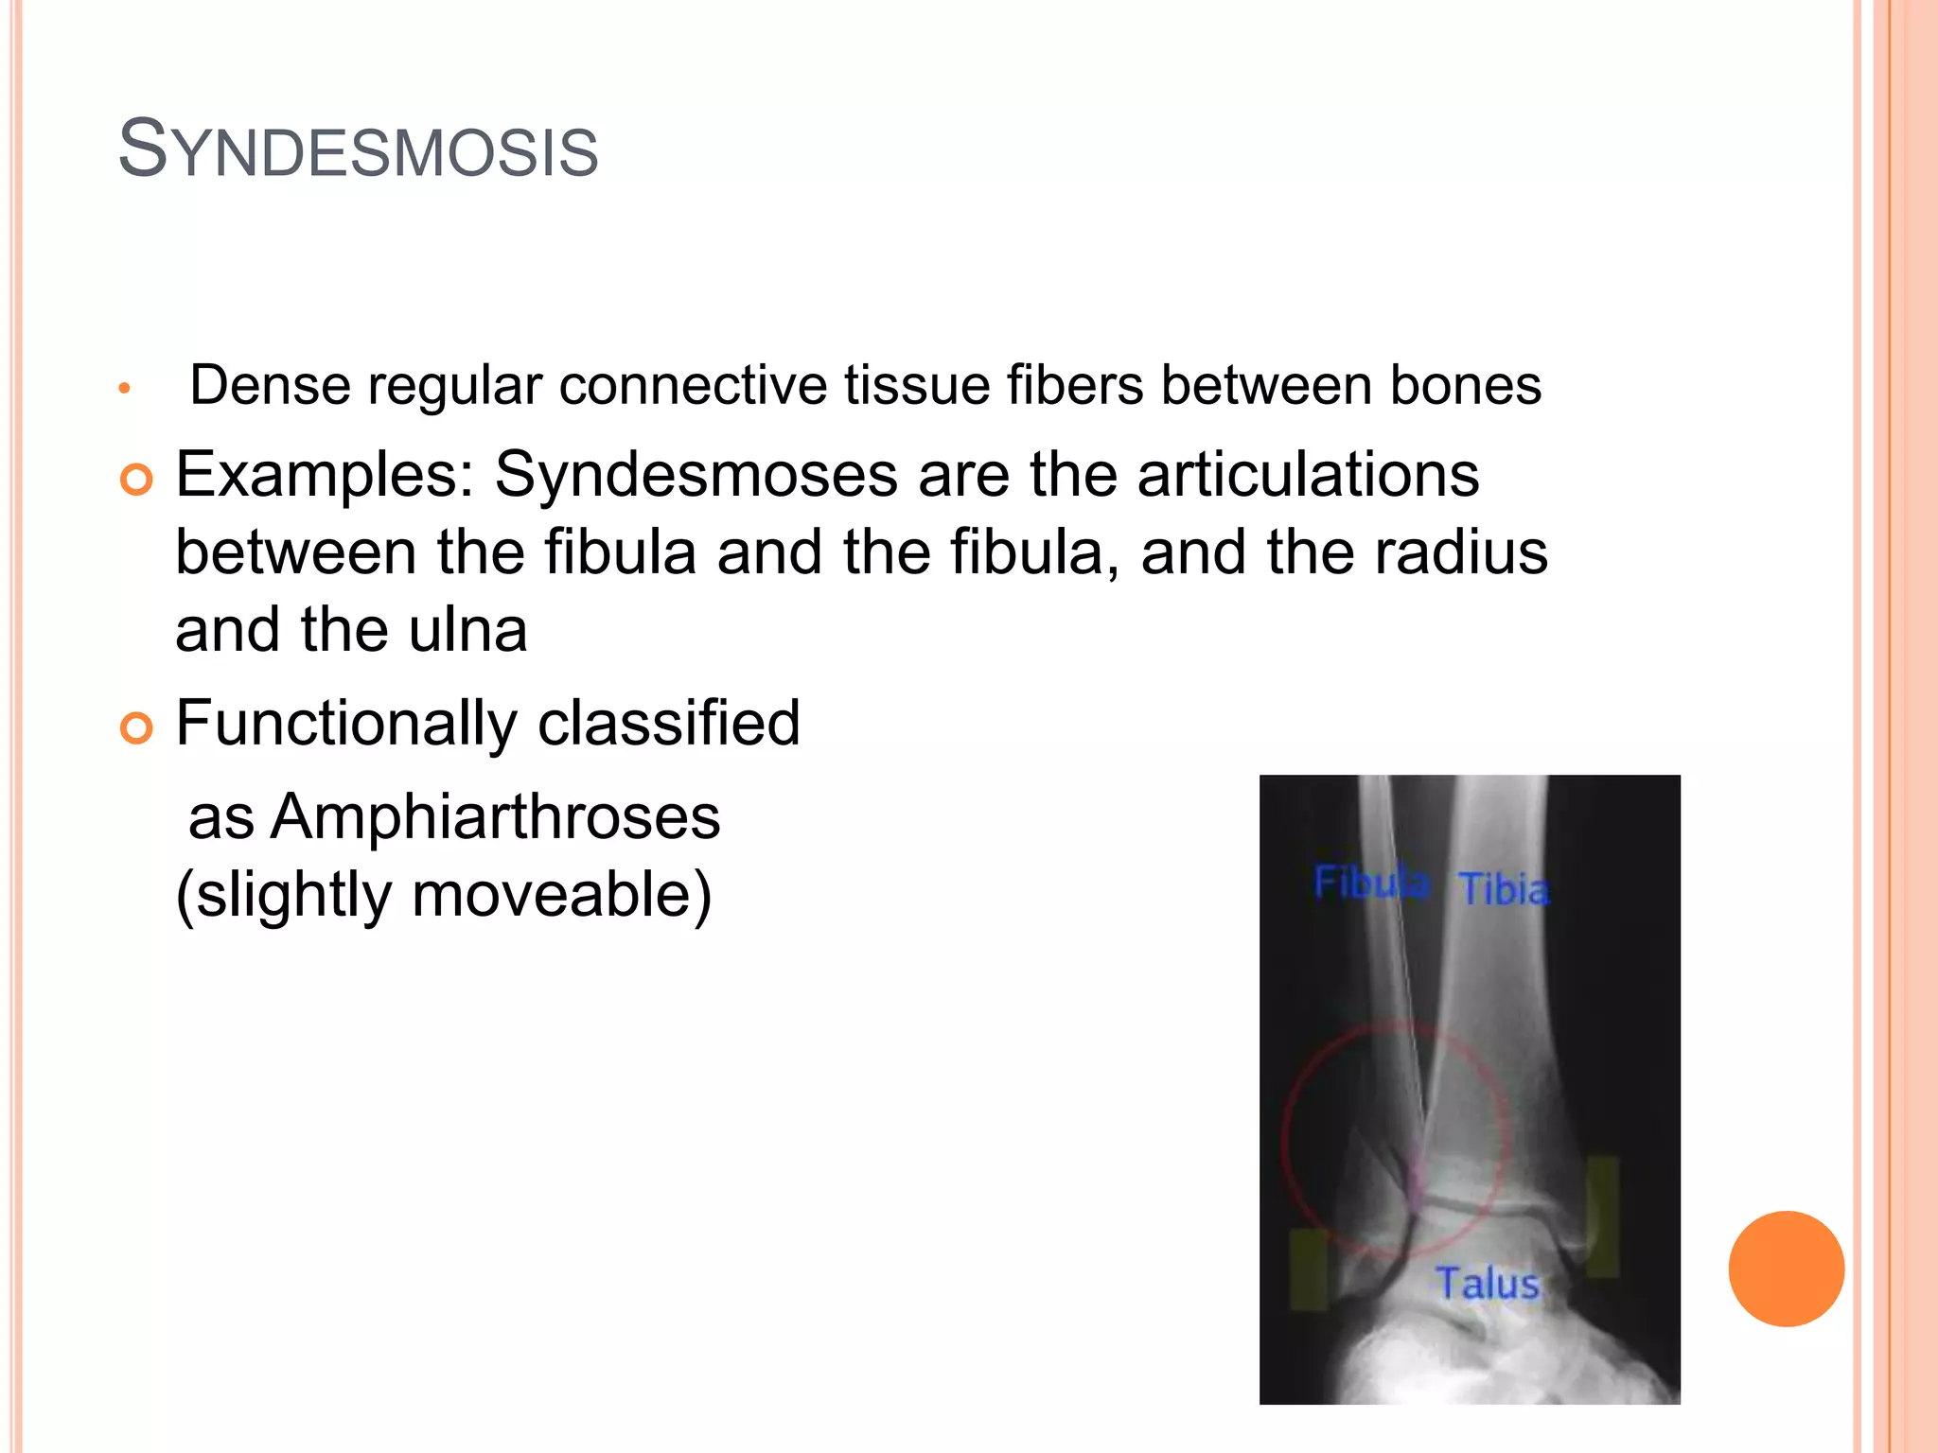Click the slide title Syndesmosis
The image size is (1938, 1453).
tap(358, 150)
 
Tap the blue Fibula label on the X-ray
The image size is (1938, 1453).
tap(1371, 883)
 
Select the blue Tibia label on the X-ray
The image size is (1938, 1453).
tap(1504, 889)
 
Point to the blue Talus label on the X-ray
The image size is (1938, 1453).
tap(1488, 1284)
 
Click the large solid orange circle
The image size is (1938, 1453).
tap(1786, 1269)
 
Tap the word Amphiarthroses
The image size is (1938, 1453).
tap(495, 816)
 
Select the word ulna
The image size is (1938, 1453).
tap(467, 630)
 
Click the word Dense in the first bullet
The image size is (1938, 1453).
tap(271, 385)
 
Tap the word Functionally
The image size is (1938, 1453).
tap(346, 725)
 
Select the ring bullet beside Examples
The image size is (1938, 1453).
tap(136, 481)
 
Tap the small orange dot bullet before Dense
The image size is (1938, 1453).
tap(124, 389)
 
